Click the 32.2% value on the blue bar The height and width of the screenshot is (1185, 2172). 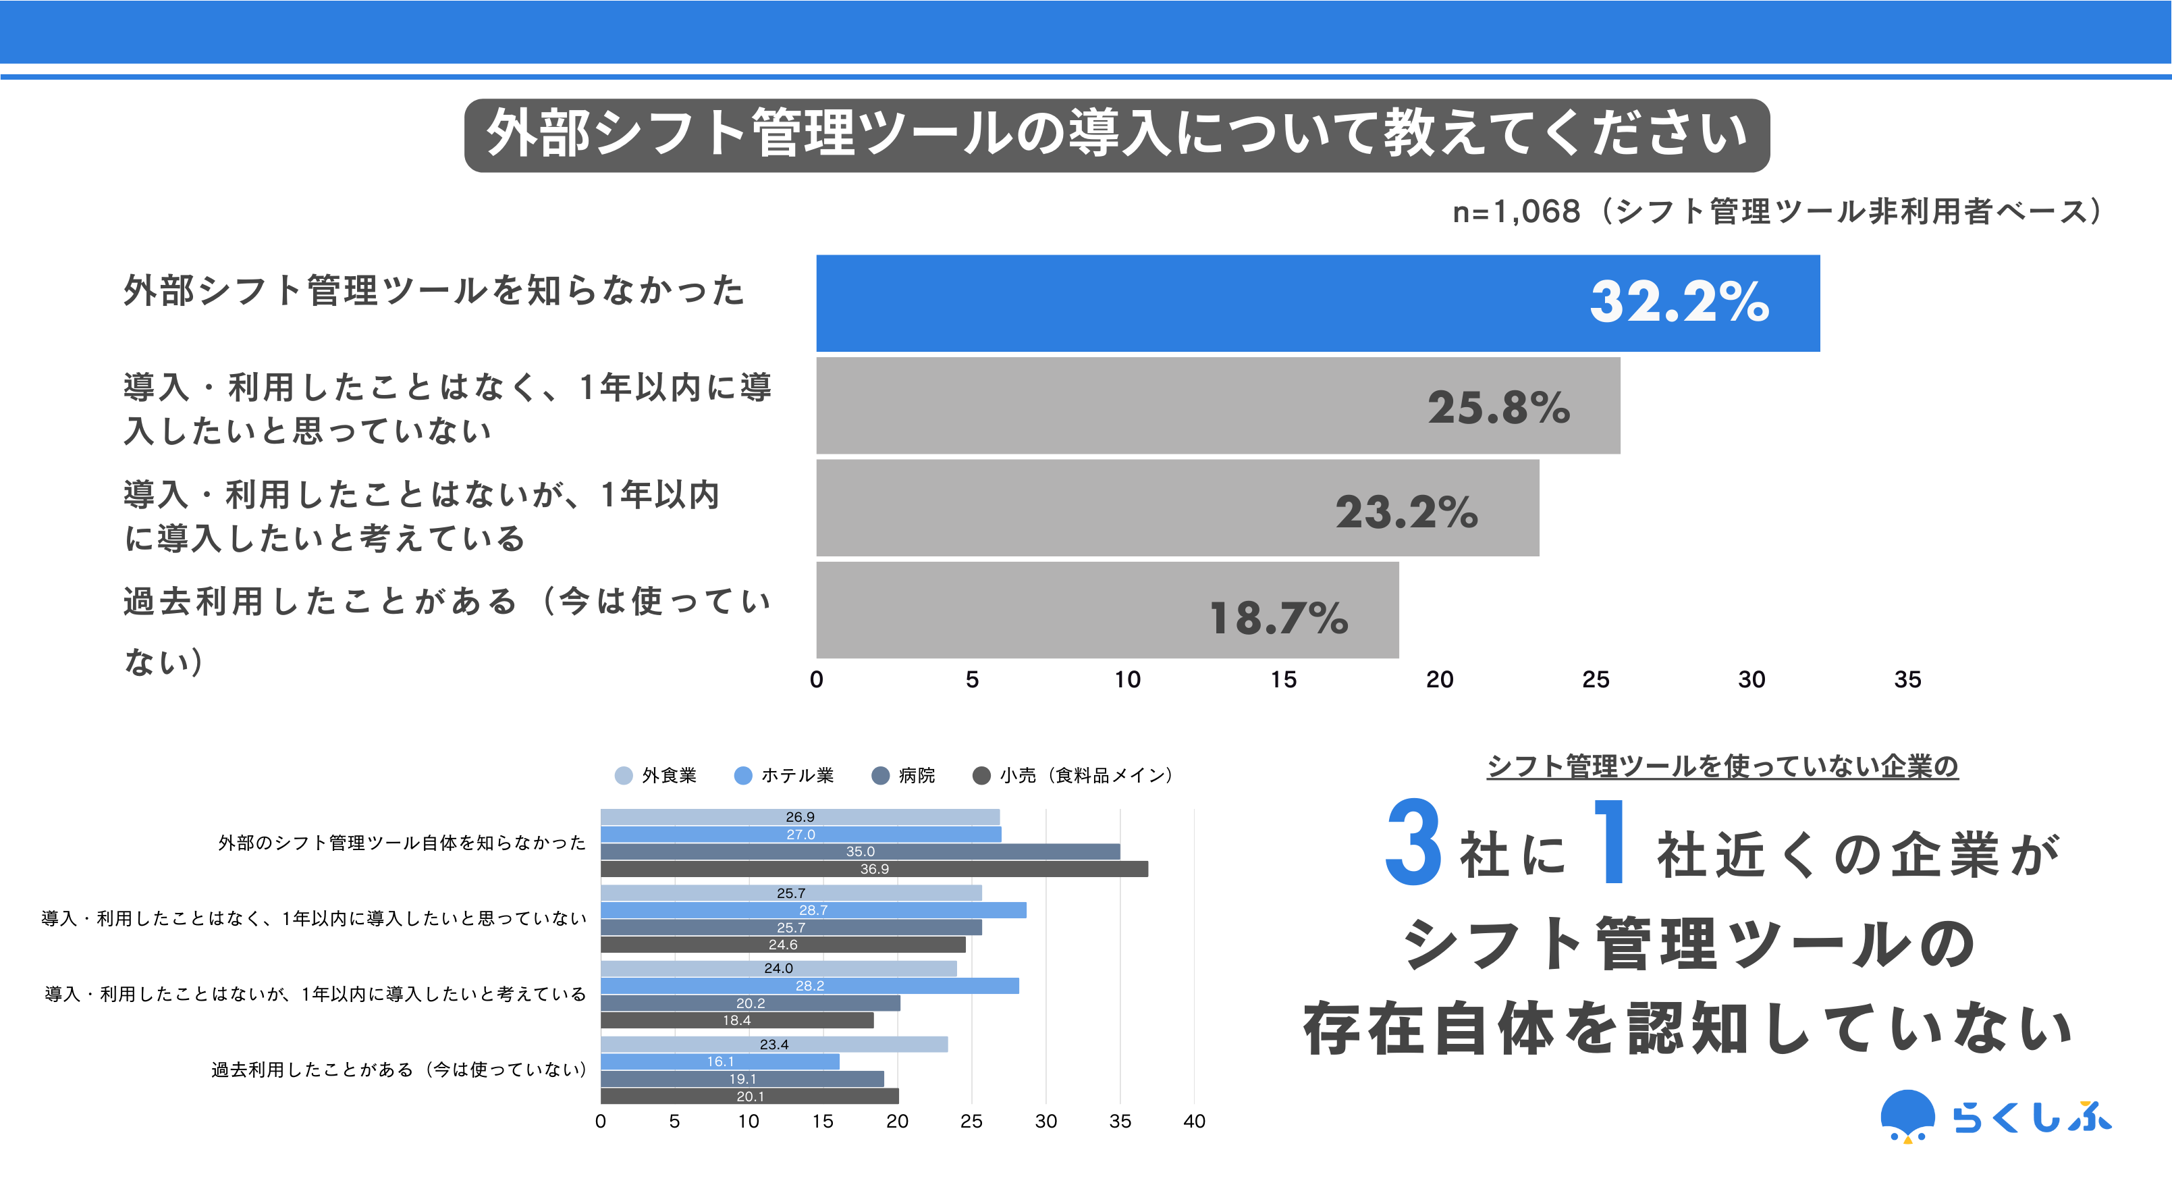click(1679, 301)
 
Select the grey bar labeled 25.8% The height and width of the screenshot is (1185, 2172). click(1217, 406)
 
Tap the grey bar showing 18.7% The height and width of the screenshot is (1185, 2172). click(1106, 610)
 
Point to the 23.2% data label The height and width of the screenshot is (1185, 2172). click(1407, 512)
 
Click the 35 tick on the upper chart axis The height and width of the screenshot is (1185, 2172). click(1907, 680)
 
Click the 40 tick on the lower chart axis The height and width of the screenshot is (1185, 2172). click(1194, 1121)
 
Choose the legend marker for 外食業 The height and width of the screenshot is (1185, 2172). click(624, 776)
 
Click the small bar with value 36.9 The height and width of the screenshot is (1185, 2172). click(873, 869)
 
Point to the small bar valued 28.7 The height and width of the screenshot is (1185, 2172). click(813, 910)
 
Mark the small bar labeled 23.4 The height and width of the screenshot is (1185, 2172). click(773, 1044)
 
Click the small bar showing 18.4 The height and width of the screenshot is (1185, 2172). click(736, 1020)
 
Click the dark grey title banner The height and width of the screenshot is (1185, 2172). click(1116, 135)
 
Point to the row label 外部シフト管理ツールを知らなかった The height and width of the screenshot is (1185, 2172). click(434, 291)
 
